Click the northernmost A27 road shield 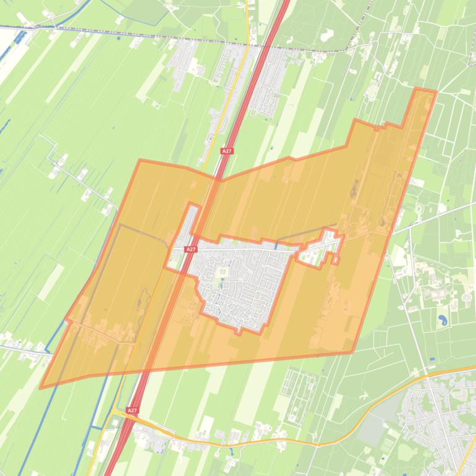coord(227,151)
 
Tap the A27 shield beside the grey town coord(190,249)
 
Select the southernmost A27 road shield coord(131,410)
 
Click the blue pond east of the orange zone coord(443,320)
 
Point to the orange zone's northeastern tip coord(435,92)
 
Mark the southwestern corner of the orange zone coord(41,388)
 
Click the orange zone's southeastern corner coord(352,352)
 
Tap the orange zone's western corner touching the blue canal coord(67,320)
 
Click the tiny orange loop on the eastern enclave coord(334,259)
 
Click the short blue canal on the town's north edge coord(276,245)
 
